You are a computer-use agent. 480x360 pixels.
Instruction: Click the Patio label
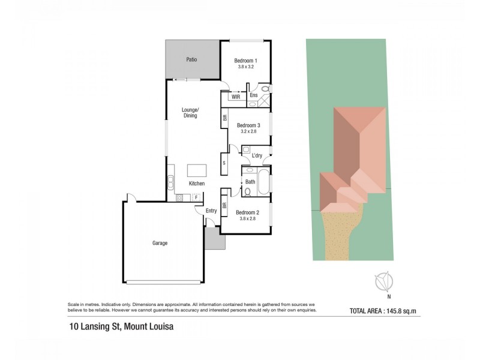[191, 60]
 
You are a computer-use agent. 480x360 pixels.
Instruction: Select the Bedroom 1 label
[245, 61]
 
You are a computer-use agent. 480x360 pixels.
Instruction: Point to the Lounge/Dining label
[190, 112]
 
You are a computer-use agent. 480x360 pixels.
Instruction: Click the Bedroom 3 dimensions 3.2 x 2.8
[248, 132]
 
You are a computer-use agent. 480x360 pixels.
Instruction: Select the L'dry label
[257, 156]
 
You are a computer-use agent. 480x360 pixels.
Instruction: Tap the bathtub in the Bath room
[263, 182]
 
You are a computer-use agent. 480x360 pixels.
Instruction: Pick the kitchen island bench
[197, 170]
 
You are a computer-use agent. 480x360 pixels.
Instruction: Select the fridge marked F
[196, 197]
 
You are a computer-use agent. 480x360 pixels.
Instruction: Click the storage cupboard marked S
[224, 163]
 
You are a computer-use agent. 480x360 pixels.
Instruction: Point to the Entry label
[211, 211]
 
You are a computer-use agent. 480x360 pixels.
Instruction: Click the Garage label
[160, 243]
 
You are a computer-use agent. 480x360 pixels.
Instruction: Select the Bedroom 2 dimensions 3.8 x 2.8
[247, 220]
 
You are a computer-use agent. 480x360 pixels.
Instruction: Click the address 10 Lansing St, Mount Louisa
[121, 328]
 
